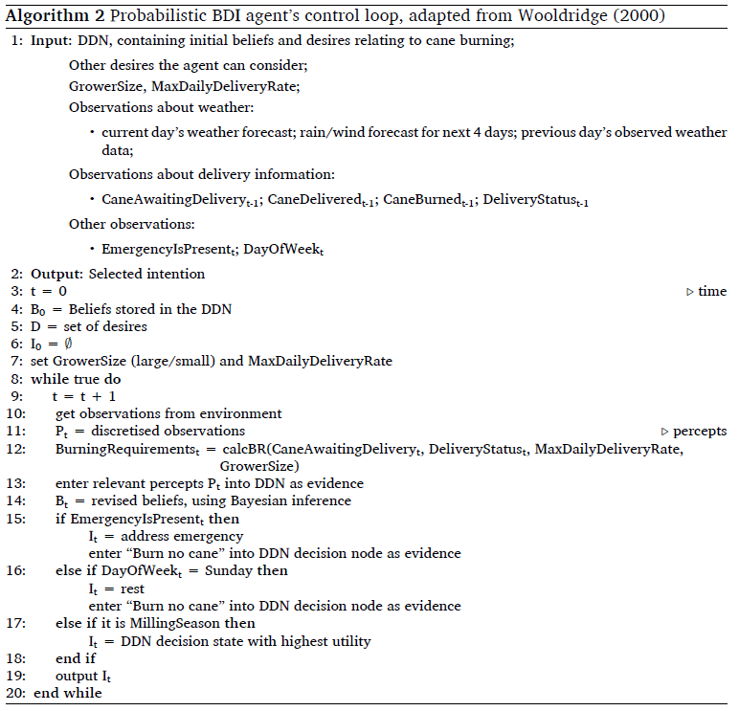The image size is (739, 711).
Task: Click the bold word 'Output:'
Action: point(56,274)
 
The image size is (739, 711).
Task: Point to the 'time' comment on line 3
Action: point(712,291)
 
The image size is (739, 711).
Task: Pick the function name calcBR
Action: point(238,449)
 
